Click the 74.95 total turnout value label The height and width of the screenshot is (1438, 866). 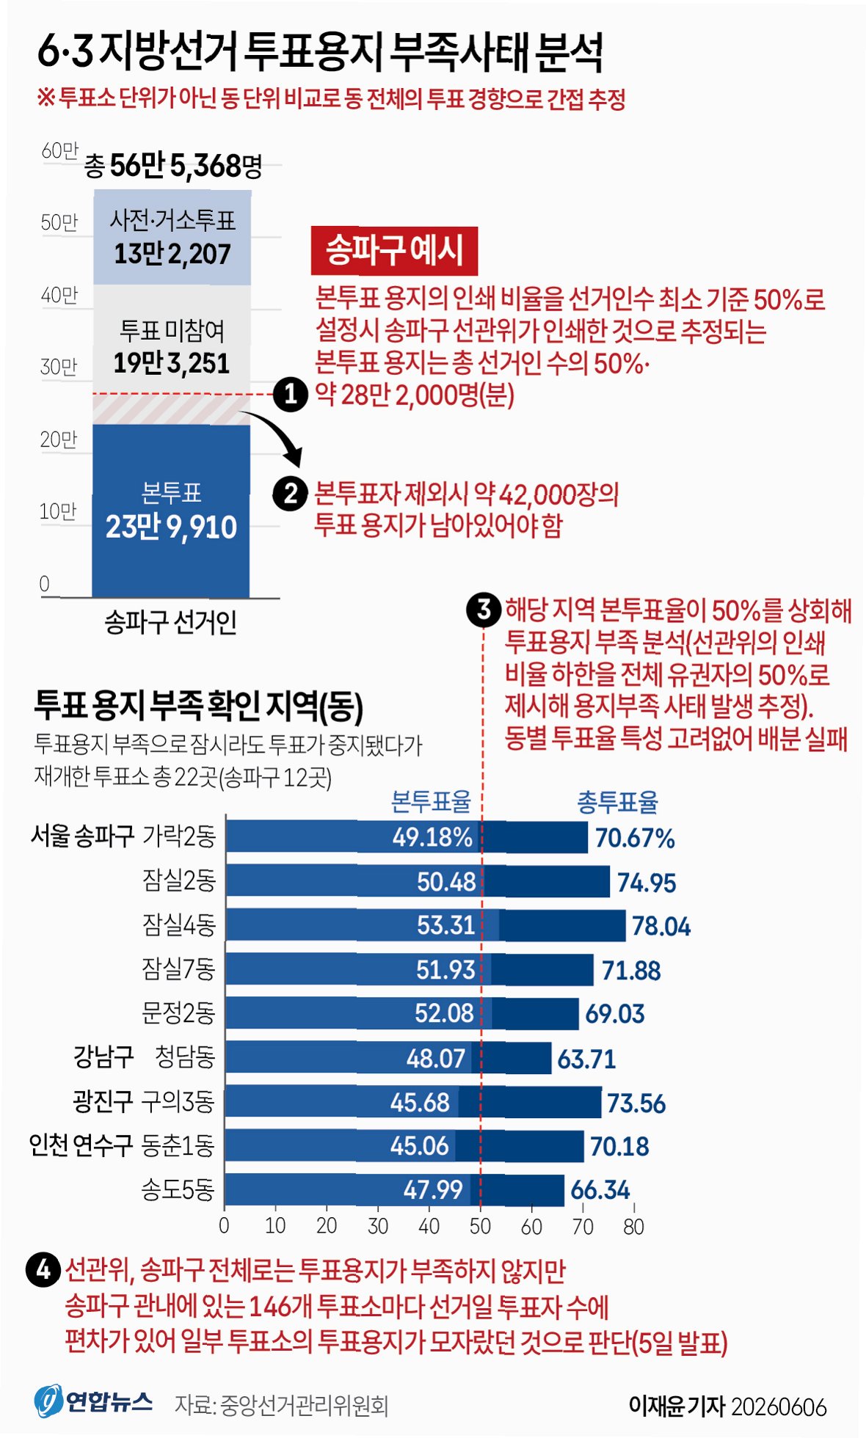click(646, 883)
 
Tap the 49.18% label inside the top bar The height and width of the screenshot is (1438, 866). click(432, 837)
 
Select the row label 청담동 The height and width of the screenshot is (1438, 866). click(184, 1056)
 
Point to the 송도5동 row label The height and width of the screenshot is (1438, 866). click(178, 1189)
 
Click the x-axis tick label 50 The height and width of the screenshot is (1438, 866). click(480, 1226)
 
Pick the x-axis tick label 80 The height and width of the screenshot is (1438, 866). click(633, 1226)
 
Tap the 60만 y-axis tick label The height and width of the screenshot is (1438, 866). click(59, 151)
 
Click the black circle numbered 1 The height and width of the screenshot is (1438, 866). click(291, 394)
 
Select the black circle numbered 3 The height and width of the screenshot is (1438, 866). click(484, 610)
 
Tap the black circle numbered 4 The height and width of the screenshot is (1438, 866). click(43, 1270)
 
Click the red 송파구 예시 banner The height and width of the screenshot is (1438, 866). click(394, 251)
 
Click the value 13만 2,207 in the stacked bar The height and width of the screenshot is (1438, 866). click(172, 254)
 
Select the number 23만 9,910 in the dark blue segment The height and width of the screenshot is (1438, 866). click(171, 527)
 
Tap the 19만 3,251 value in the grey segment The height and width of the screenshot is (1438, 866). click(172, 363)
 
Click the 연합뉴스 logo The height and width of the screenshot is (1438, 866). click(93, 1402)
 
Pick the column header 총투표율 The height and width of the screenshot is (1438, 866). click(617, 803)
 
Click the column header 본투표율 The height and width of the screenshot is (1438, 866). click(431, 803)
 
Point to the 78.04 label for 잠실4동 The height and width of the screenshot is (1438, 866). click(661, 927)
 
